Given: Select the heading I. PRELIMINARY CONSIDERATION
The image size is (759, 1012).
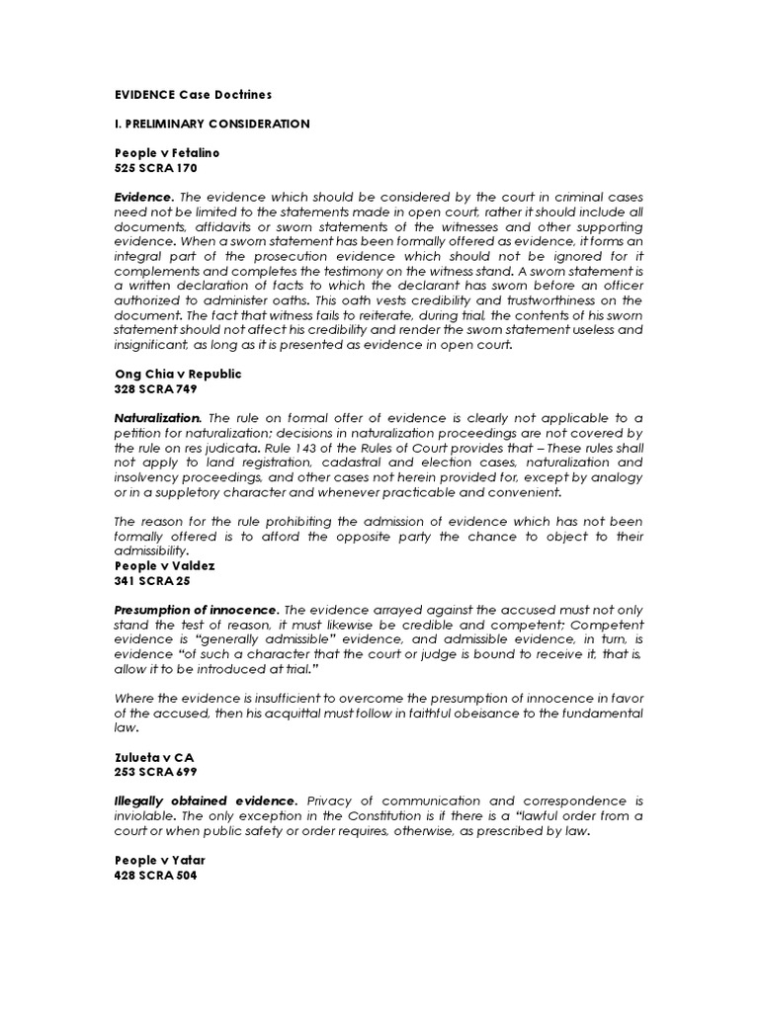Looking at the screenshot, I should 212,124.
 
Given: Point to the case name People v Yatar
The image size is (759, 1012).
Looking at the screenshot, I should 160,861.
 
